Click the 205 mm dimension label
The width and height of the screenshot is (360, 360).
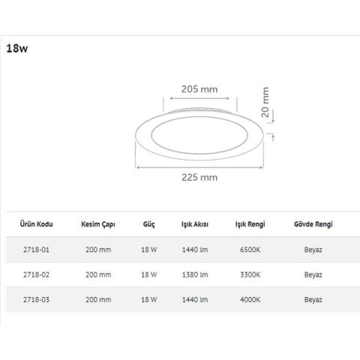pyautogui.click(x=199, y=88)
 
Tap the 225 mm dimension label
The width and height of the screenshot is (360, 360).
pyautogui.click(x=199, y=178)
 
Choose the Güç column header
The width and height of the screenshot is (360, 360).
pyautogui.click(x=148, y=224)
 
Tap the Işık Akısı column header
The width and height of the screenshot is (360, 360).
pyautogui.click(x=194, y=224)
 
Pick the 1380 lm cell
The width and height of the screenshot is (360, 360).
pyautogui.click(x=194, y=275)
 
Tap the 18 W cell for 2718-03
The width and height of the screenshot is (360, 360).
pyautogui.click(x=148, y=299)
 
